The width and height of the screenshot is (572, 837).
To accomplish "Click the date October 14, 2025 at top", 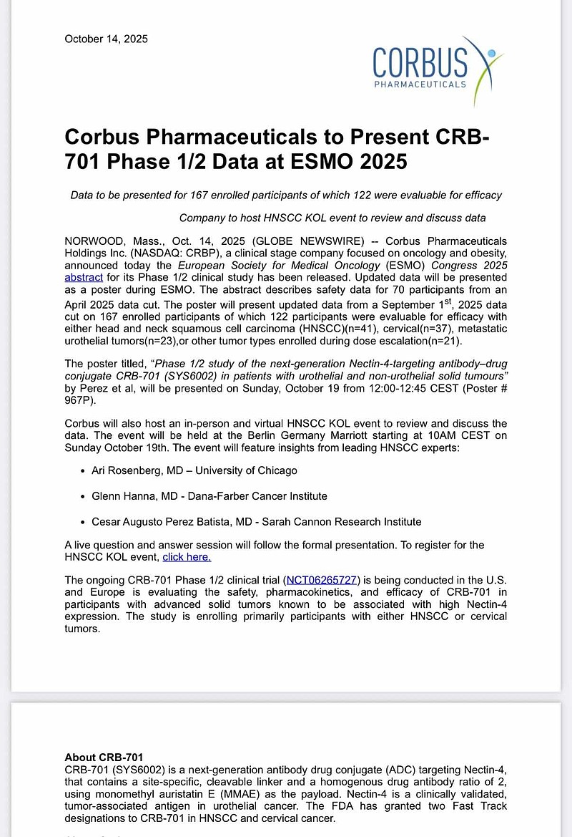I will (x=106, y=39).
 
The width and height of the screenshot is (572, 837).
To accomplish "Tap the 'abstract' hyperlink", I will (x=84, y=276).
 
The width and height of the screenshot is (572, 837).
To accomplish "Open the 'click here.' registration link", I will (x=187, y=556).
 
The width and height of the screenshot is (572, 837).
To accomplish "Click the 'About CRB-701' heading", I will (x=104, y=757).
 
